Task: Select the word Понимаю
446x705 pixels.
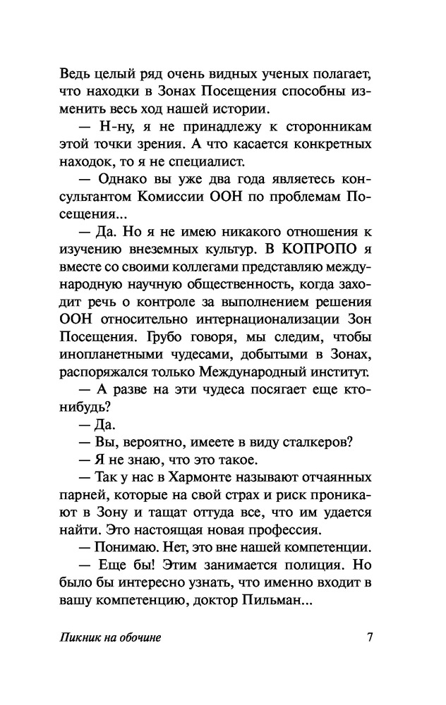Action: [x=123, y=546]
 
